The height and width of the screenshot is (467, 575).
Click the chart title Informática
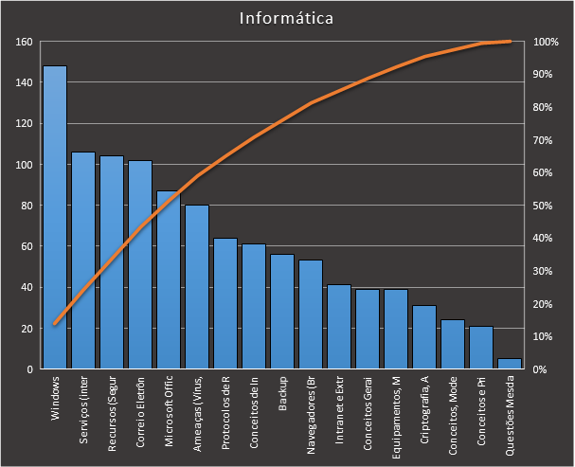click(x=287, y=18)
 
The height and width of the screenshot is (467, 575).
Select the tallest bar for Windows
click(x=54, y=218)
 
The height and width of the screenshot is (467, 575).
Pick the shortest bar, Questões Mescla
click(x=509, y=364)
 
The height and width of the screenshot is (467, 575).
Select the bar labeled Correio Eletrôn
click(x=139, y=264)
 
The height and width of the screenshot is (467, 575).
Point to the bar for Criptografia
click(x=423, y=336)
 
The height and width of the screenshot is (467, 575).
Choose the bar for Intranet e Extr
click(x=338, y=326)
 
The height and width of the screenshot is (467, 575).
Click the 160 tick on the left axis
click(x=24, y=42)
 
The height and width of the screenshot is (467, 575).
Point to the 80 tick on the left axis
click(x=27, y=206)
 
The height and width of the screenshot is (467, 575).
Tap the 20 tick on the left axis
click(x=27, y=329)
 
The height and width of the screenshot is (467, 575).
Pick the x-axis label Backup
click(x=282, y=395)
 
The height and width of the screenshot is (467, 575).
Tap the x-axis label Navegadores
click(x=311, y=407)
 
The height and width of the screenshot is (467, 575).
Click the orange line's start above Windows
click(x=54, y=324)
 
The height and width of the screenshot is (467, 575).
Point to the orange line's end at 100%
click(x=510, y=41)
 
